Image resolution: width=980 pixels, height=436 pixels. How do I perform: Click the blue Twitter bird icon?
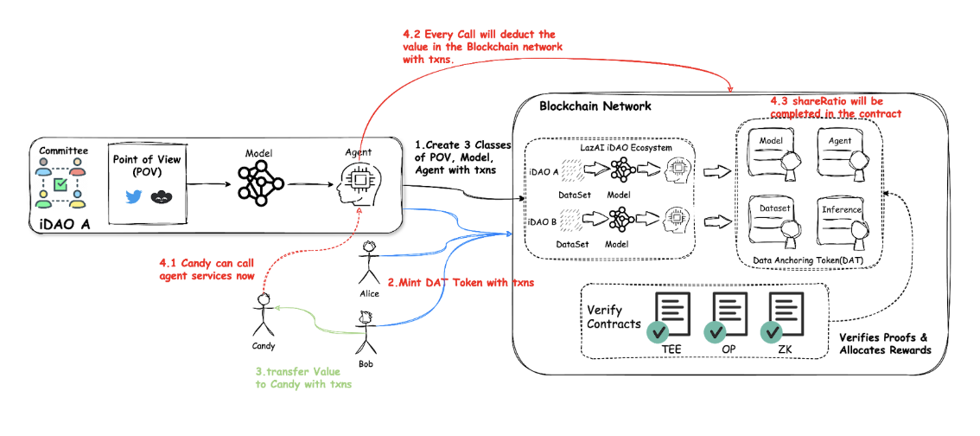click(132, 197)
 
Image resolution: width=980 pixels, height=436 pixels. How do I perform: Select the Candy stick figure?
click(263, 315)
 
